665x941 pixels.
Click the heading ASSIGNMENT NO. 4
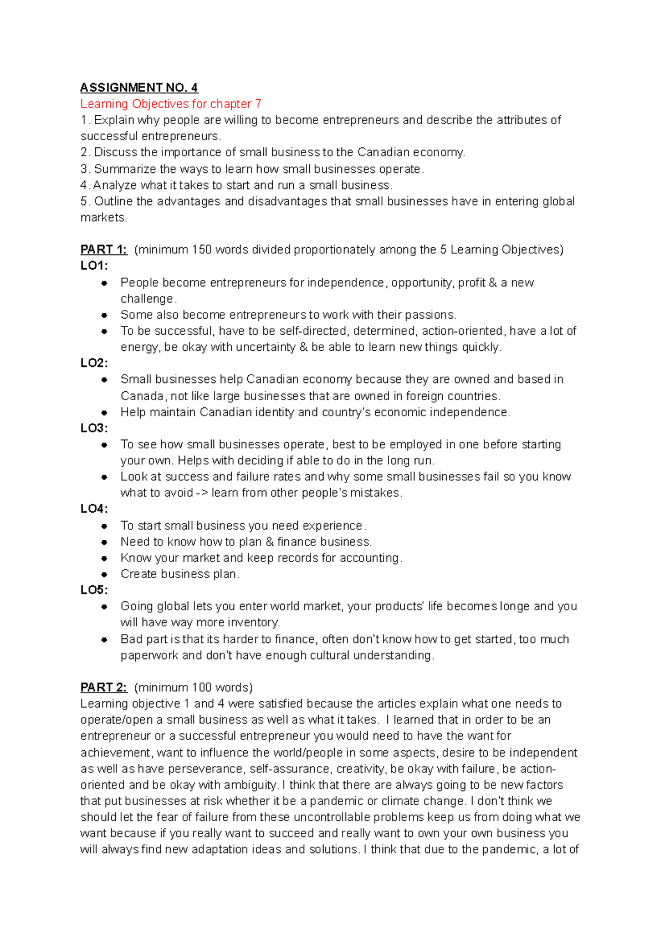click(x=139, y=88)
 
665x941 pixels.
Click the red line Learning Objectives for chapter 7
click(x=171, y=104)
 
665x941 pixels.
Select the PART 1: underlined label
click(x=104, y=249)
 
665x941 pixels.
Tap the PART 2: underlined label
click(x=104, y=687)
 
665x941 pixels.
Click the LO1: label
click(x=94, y=265)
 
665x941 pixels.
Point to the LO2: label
click(x=94, y=363)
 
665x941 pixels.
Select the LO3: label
click(x=94, y=428)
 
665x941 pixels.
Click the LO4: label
click(x=94, y=509)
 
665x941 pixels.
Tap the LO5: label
click(x=94, y=590)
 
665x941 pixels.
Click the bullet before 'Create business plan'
click(x=104, y=574)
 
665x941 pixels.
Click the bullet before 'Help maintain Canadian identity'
click(x=104, y=412)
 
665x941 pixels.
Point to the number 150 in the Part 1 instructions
click(x=202, y=249)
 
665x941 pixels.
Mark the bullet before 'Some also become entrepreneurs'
click(x=104, y=315)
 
